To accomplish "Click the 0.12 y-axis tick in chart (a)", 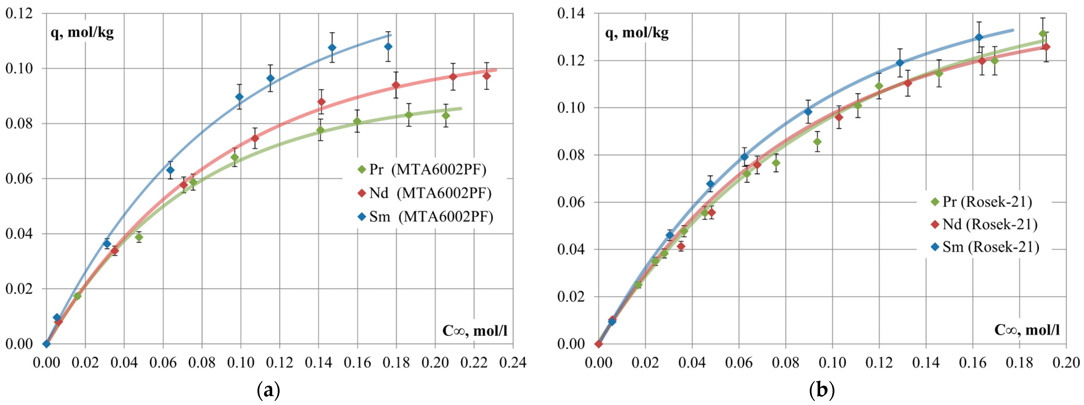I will coord(19,13).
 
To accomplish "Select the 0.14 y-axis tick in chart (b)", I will coord(571,13).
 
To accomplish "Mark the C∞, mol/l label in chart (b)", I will coord(1027,330).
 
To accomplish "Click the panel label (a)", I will coord(268,391).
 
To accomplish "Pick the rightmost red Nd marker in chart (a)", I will coord(487,76).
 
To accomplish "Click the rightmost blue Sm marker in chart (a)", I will coord(389,46).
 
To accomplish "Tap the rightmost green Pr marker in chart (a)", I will coord(446,116).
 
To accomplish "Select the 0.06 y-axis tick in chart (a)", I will coord(19,179).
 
